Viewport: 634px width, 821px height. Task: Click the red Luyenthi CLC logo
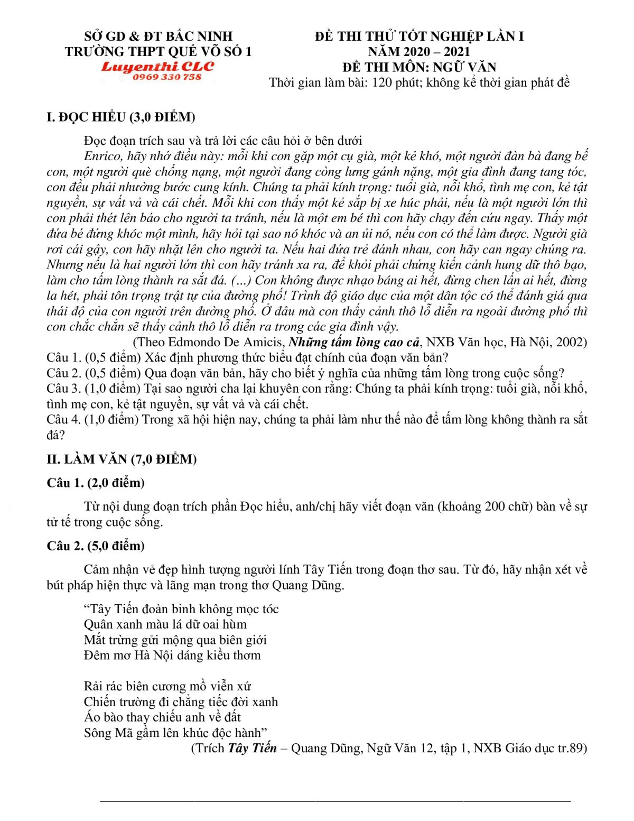click(157, 67)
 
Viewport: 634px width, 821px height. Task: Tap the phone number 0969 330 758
click(167, 77)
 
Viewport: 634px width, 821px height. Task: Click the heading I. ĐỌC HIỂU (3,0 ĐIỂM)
click(121, 117)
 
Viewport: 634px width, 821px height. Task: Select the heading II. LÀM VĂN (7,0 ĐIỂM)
click(122, 459)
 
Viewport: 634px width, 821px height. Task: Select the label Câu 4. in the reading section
click(63, 420)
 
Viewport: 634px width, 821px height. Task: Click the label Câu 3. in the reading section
click(63, 389)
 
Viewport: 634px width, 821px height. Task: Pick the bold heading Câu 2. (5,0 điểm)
click(96, 546)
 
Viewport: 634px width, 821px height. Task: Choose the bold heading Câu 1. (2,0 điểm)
click(96, 483)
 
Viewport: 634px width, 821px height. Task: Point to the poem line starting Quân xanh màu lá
click(165, 624)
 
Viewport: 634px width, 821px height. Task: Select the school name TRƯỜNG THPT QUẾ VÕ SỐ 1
click(158, 51)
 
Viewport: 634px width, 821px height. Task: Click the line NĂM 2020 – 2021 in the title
click(419, 51)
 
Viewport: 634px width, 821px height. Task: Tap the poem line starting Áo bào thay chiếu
click(162, 717)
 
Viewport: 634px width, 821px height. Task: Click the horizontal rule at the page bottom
click(335, 801)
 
